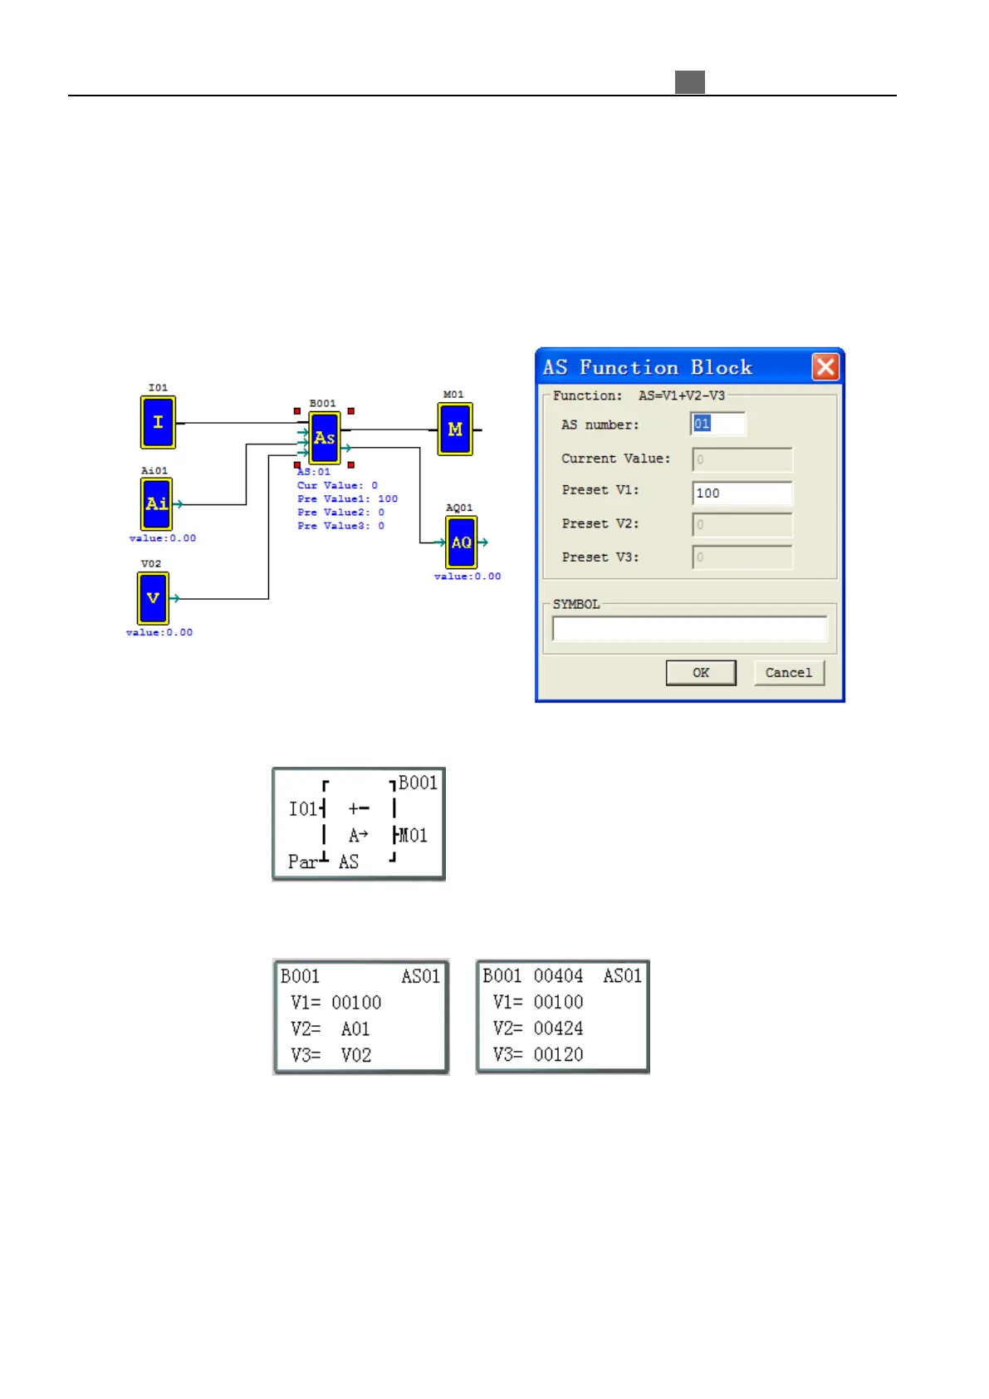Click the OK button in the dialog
tap(701, 673)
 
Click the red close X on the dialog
tap(825, 366)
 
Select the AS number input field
tap(718, 425)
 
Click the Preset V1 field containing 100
tap(742, 493)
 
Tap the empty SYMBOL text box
tap(689, 629)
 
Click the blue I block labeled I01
tap(158, 422)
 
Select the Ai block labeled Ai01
tap(156, 503)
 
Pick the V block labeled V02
tap(153, 598)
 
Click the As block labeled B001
tap(324, 438)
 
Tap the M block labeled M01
tap(455, 430)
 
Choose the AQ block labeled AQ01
tap(461, 542)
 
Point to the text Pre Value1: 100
tap(347, 499)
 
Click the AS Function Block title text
tap(647, 367)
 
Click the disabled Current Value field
tap(742, 459)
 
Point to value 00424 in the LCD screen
tap(558, 1028)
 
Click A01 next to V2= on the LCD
tap(355, 1029)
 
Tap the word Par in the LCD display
tap(302, 862)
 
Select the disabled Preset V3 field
tap(742, 557)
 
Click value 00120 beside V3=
tap(558, 1055)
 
